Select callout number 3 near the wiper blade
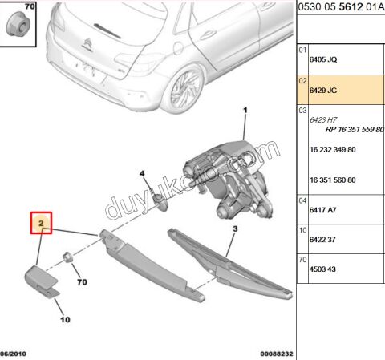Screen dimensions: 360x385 pyautogui.click(x=235, y=229)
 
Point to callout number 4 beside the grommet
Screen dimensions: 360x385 pyautogui.click(x=142, y=173)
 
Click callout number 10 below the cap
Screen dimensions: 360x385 pyautogui.click(x=65, y=319)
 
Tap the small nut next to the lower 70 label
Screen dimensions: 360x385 pyautogui.click(x=69, y=258)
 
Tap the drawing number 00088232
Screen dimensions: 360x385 pyautogui.click(x=277, y=353)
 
